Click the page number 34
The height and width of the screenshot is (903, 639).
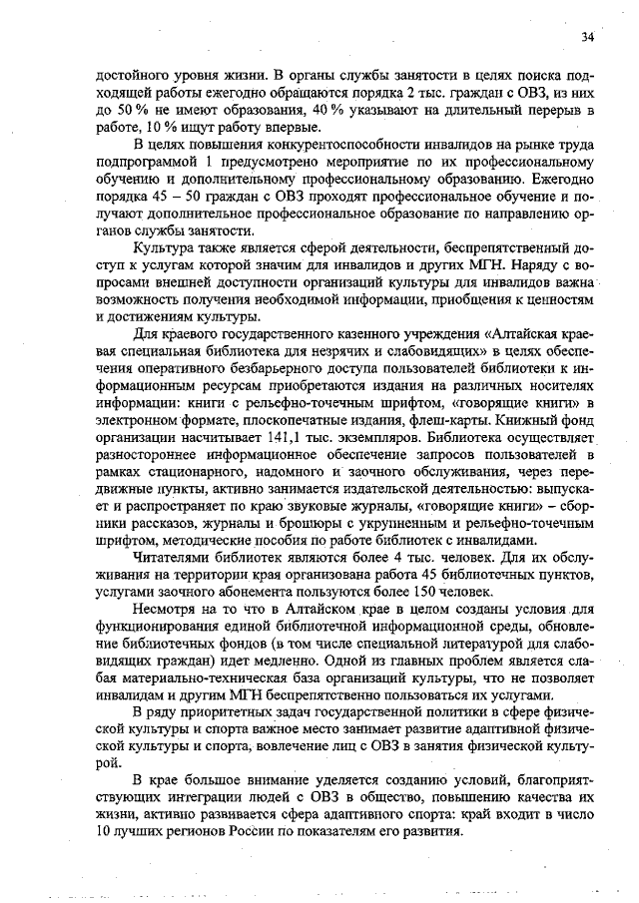[587, 36]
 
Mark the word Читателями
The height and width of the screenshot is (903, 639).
[176, 560]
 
